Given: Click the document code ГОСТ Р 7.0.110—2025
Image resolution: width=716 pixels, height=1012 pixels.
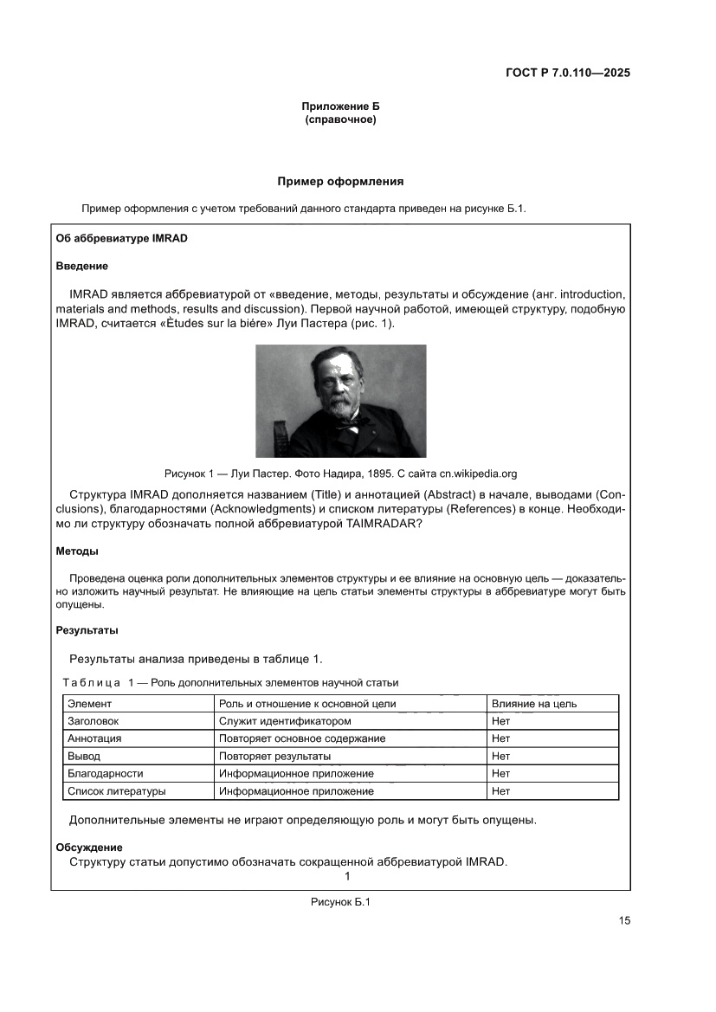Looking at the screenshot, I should click(x=567, y=73).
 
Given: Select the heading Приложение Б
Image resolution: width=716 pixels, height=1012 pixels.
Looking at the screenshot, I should click(x=340, y=106).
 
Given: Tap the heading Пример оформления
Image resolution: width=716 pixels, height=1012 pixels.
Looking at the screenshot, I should click(x=340, y=182).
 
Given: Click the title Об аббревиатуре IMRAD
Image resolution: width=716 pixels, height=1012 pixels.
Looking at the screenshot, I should click(x=121, y=238).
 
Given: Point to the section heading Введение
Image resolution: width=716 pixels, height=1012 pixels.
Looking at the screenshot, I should click(x=81, y=266).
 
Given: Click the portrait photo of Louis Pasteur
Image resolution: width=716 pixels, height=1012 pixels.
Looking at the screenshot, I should click(x=340, y=400).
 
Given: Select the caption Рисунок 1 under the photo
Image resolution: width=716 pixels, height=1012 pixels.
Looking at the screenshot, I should click(x=340, y=474).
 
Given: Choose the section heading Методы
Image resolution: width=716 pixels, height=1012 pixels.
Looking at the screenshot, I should click(x=77, y=551).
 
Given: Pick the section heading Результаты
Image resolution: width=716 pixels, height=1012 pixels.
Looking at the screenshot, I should click(x=87, y=630).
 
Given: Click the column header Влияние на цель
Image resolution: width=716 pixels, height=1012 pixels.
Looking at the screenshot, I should click(x=533, y=704).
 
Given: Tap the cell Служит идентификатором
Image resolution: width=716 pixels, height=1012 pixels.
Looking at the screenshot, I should click(x=285, y=721).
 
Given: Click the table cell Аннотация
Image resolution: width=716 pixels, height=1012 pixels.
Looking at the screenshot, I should click(x=94, y=738).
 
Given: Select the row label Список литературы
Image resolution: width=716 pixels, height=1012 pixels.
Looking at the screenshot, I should click(x=116, y=791).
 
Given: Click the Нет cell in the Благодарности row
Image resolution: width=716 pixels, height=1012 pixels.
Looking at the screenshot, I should click(x=500, y=774).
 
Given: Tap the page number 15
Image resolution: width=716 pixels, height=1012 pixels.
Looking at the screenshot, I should click(x=624, y=920).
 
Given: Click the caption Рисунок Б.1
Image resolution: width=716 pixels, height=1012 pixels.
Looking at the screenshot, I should click(x=340, y=903).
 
